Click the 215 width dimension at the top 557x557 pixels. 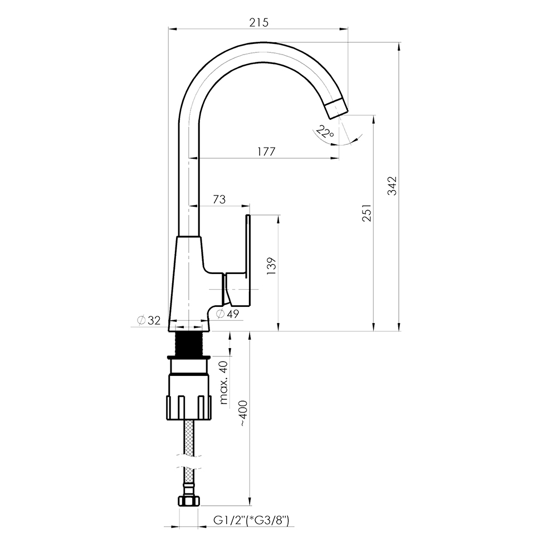[258, 22]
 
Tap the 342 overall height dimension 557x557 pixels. [392, 185]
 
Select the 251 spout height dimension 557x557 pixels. [367, 212]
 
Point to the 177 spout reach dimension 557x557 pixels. [266, 152]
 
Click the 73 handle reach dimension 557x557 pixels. [219, 199]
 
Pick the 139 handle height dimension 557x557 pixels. [271, 266]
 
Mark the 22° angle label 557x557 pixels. [325, 132]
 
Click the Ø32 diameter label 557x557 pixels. [149, 320]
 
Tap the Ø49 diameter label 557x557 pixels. [228, 314]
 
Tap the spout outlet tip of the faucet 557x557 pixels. [336, 109]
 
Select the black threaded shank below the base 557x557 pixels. [189, 344]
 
